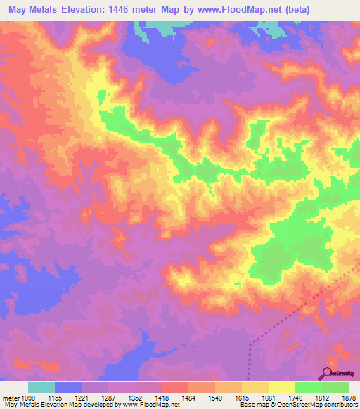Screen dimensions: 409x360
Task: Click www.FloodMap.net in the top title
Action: [x=238, y=8]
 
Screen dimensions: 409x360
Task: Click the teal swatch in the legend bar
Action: [x=41, y=387]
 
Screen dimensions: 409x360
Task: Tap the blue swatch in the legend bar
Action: [x=68, y=387]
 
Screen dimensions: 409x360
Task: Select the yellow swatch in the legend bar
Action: [x=281, y=387]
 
